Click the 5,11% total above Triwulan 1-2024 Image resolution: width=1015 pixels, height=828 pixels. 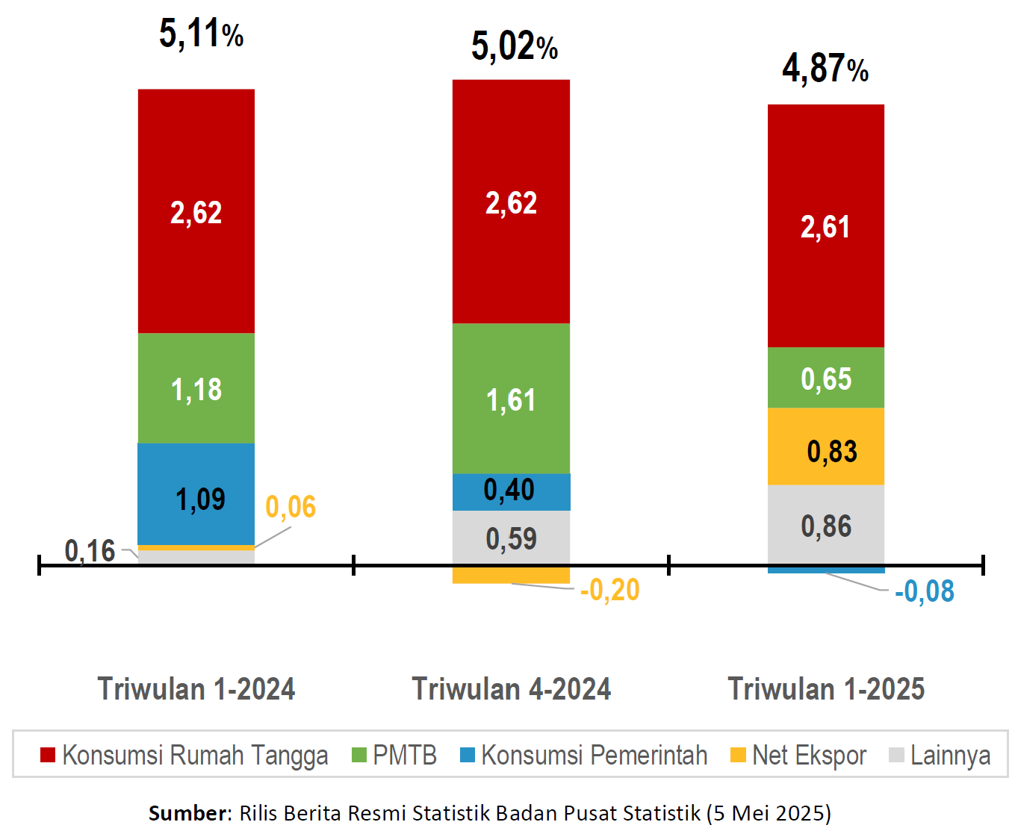(201, 34)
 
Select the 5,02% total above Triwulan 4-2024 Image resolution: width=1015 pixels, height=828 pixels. (514, 46)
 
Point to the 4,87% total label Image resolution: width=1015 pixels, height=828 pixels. (825, 69)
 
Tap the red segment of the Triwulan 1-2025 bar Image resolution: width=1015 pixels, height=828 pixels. (825, 225)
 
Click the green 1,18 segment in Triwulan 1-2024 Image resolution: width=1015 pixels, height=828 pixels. (196, 388)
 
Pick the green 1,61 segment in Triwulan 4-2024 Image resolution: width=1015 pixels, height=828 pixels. (511, 399)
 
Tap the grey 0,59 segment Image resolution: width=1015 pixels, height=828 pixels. (511, 538)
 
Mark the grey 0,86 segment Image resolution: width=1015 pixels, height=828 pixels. (825, 526)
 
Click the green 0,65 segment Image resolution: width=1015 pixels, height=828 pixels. (825, 378)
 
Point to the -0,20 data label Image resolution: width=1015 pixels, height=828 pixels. (609, 590)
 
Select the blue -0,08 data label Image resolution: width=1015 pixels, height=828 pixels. (924, 591)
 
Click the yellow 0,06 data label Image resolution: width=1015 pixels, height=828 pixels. (291, 507)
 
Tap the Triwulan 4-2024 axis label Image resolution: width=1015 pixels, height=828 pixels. (511, 688)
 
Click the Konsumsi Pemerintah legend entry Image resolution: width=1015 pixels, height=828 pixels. (584, 755)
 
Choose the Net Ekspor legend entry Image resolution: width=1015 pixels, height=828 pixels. (798, 755)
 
